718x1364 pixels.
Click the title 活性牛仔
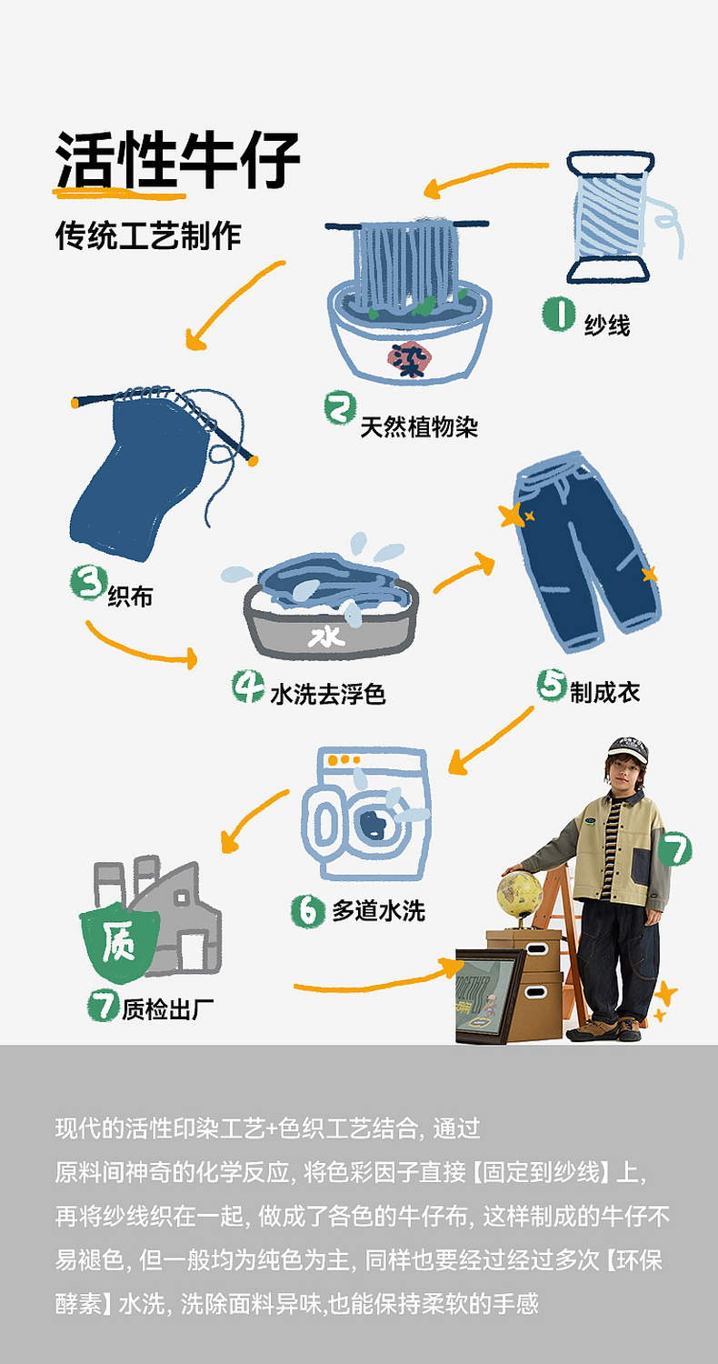(x=177, y=161)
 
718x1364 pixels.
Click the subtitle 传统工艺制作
(x=148, y=236)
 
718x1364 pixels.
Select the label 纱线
(x=607, y=325)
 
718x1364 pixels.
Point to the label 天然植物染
(x=419, y=426)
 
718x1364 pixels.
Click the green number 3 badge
(x=88, y=583)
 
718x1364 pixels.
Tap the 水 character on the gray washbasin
(x=325, y=636)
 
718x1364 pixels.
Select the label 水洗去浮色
(x=327, y=695)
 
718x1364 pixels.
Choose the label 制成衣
(x=604, y=692)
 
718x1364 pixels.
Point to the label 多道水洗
(x=378, y=910)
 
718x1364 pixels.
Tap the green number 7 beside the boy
(x=674, y=849)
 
